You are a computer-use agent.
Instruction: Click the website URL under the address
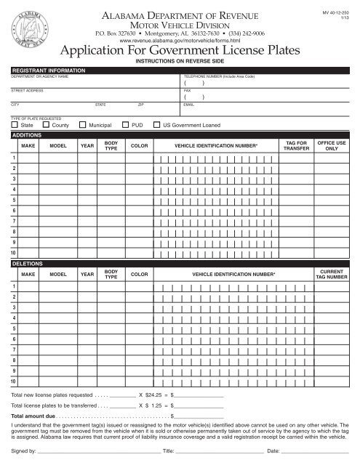[180, 41]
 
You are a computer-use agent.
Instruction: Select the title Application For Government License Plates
[180, 52]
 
